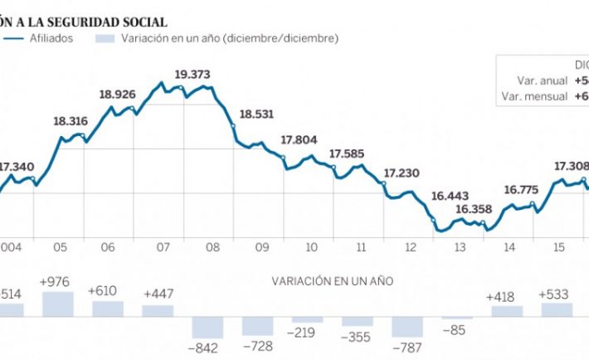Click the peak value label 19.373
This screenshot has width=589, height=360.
click(192, 74)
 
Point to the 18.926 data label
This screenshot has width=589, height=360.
click(117, 94)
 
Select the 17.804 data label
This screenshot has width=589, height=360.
click(299, 140)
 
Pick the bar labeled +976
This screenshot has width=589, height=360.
click(58, 303)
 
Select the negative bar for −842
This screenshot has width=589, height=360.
click(208, 327)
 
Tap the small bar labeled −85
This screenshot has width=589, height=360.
click(457, 318)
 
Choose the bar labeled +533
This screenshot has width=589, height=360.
click(557, 309)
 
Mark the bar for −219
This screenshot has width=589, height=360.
click(308, 319)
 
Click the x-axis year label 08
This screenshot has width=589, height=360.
click(212, 247)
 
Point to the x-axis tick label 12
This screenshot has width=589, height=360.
click(411, 247)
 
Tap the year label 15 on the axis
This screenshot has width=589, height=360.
click(560, 247)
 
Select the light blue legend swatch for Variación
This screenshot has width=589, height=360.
click(105, 37)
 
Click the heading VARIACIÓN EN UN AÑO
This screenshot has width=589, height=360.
click(332, 280)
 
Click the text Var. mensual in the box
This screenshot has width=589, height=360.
click(534, 97)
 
